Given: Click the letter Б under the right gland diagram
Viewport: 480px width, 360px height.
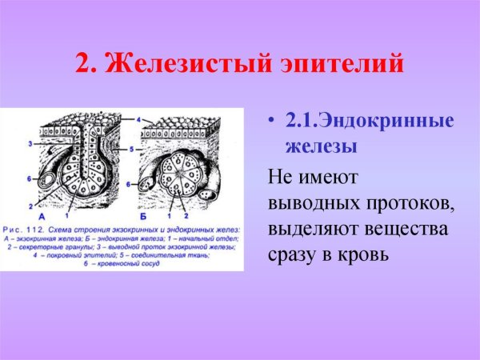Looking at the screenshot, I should tap(155, 215).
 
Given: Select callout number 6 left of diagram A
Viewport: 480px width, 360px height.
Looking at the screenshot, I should tap(30, 177).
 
